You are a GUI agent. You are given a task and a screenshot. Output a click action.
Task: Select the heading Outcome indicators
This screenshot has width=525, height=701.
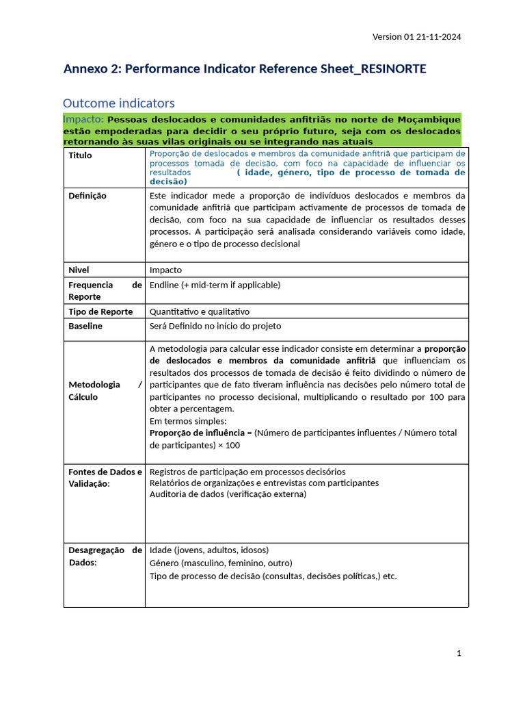pyautogui.click(x=119, y=103)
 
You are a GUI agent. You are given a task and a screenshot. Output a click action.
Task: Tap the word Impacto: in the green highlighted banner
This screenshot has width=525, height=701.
pyautogui.click(x=83, y=120)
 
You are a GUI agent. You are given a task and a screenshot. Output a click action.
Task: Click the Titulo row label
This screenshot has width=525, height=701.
pyautogui.click(x=80, y=155)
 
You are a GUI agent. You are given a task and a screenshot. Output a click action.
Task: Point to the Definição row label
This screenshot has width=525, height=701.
pyautogui.click(x=87, y=196)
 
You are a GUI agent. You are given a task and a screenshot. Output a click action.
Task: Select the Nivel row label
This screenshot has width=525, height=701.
pyautogui.click(x=79, y=270)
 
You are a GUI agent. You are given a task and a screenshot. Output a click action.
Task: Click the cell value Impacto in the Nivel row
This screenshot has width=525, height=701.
pyautogui.click(x=165, y=270)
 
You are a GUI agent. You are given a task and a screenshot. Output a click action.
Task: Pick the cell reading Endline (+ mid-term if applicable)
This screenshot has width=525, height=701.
pyautogui.click(x=215, y=285)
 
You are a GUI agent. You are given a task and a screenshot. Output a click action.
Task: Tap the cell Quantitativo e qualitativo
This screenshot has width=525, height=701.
pyautogui.click(x=200, y=311)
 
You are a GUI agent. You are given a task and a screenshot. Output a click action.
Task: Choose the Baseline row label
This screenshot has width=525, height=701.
pyautogui.click(x=85, y=326)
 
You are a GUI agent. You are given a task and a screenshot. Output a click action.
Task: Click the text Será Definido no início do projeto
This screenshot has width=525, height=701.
pyautogui.click(x=215, y=326)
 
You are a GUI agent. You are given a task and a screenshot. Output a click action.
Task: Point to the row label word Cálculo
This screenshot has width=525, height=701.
pyautogui.click(x=83, y=397)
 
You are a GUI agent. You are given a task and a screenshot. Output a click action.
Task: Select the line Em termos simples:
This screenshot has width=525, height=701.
pyautogui.click(x=188, y=421)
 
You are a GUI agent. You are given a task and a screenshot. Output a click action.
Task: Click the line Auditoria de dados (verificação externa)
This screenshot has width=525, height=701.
pyautogui.click(x=228, y=494)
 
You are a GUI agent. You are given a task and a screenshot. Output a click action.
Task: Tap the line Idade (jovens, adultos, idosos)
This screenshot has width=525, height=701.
pyautogui.click(x=209, y=550)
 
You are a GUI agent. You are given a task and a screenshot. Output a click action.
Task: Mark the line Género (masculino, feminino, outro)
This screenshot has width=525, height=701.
pyautogui.click(x=222, y=563)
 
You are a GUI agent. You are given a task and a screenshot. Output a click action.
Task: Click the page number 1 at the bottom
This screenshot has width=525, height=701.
pyautogui.click(x=459, y=653)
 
